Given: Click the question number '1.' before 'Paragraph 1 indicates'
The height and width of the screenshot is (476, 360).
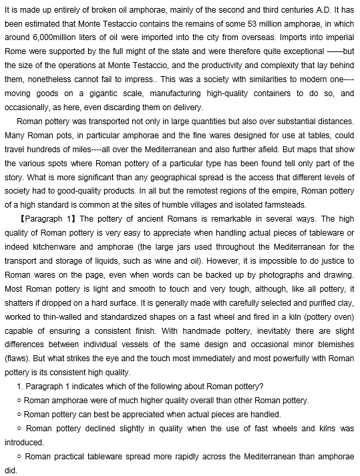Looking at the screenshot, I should pyautogui.click(x=19, y=387).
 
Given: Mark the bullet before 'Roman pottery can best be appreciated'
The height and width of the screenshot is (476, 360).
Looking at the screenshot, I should pyautogui.click(x=19, y=415).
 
